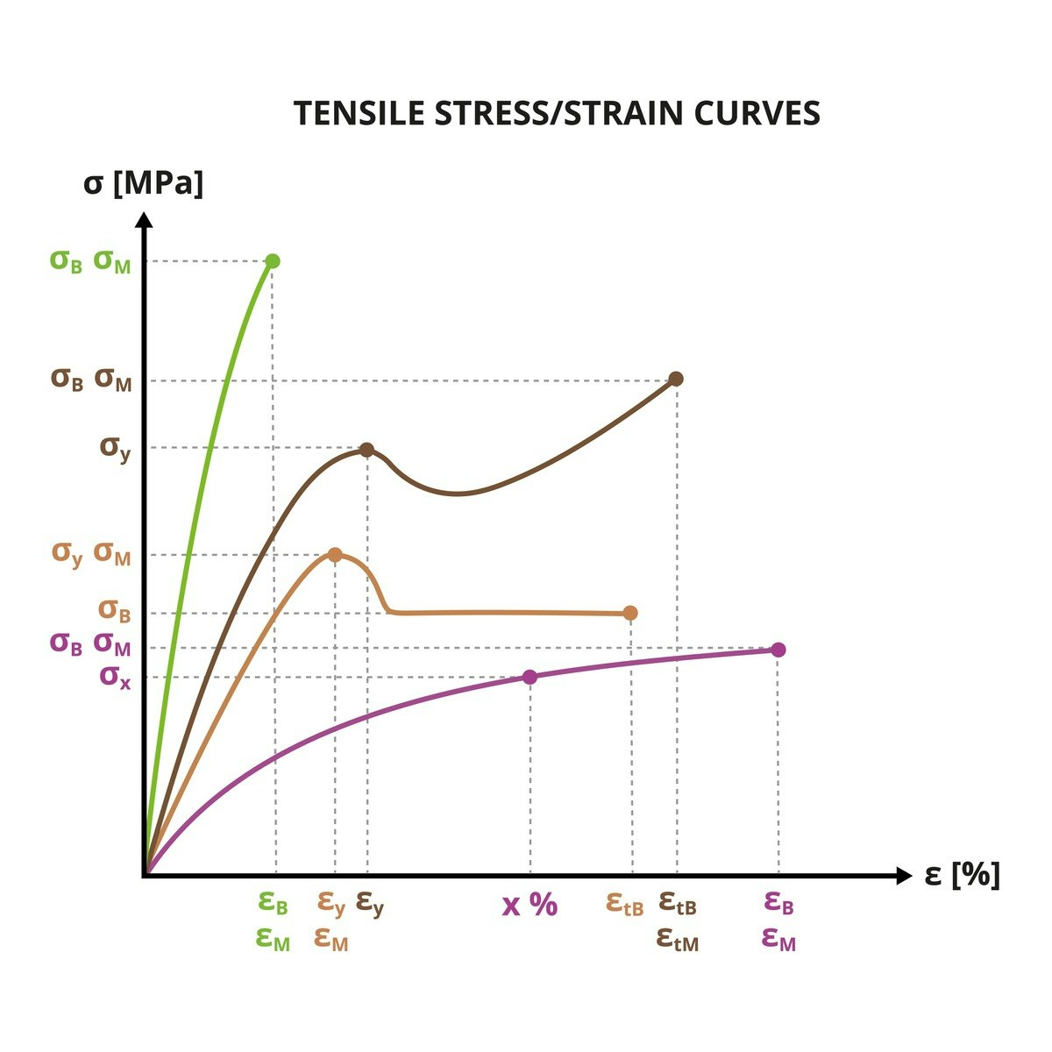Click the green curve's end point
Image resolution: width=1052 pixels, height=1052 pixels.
[273, 261]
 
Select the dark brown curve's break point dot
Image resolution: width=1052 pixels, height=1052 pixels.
[676, 379]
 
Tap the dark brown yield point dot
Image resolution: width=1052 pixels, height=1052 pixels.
[367, 450]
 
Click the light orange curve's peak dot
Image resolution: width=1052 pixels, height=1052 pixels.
[335, 555]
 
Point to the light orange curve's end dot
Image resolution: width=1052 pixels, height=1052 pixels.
[630, 613]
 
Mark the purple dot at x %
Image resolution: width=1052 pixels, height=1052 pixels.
[530, 676]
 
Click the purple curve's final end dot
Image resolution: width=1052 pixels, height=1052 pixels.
[778, 650]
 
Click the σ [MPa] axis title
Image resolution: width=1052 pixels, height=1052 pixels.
[144, 183]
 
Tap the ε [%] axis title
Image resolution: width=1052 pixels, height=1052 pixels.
[962, 874]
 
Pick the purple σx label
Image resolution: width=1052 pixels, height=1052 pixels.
[115, 676]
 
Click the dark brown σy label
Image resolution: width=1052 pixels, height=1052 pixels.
[115, 447]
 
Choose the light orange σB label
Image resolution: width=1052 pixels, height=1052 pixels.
[115, 610]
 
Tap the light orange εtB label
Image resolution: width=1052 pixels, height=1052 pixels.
[625, 904]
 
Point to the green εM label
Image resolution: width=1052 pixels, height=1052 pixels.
[273, 939]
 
